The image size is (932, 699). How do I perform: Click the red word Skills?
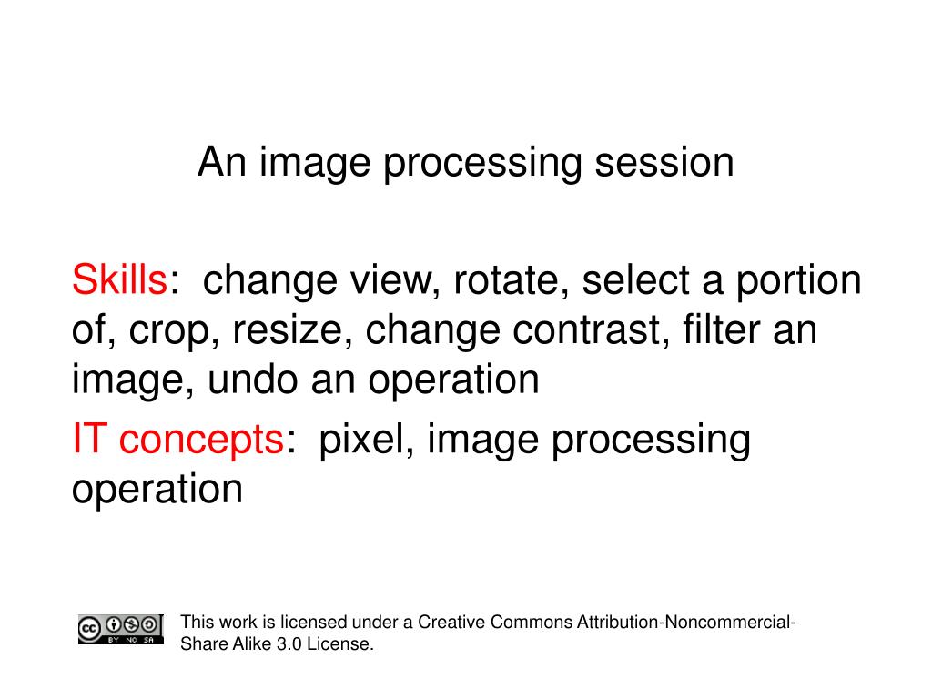point(118,281)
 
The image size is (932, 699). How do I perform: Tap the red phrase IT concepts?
point(178,441)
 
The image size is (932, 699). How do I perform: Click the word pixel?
point(365,441)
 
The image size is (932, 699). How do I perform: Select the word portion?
point(801,281)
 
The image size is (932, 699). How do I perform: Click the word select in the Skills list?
point(633,281)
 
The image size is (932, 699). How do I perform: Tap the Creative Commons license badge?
point(120,629)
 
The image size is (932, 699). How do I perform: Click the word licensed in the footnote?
point(313,623)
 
